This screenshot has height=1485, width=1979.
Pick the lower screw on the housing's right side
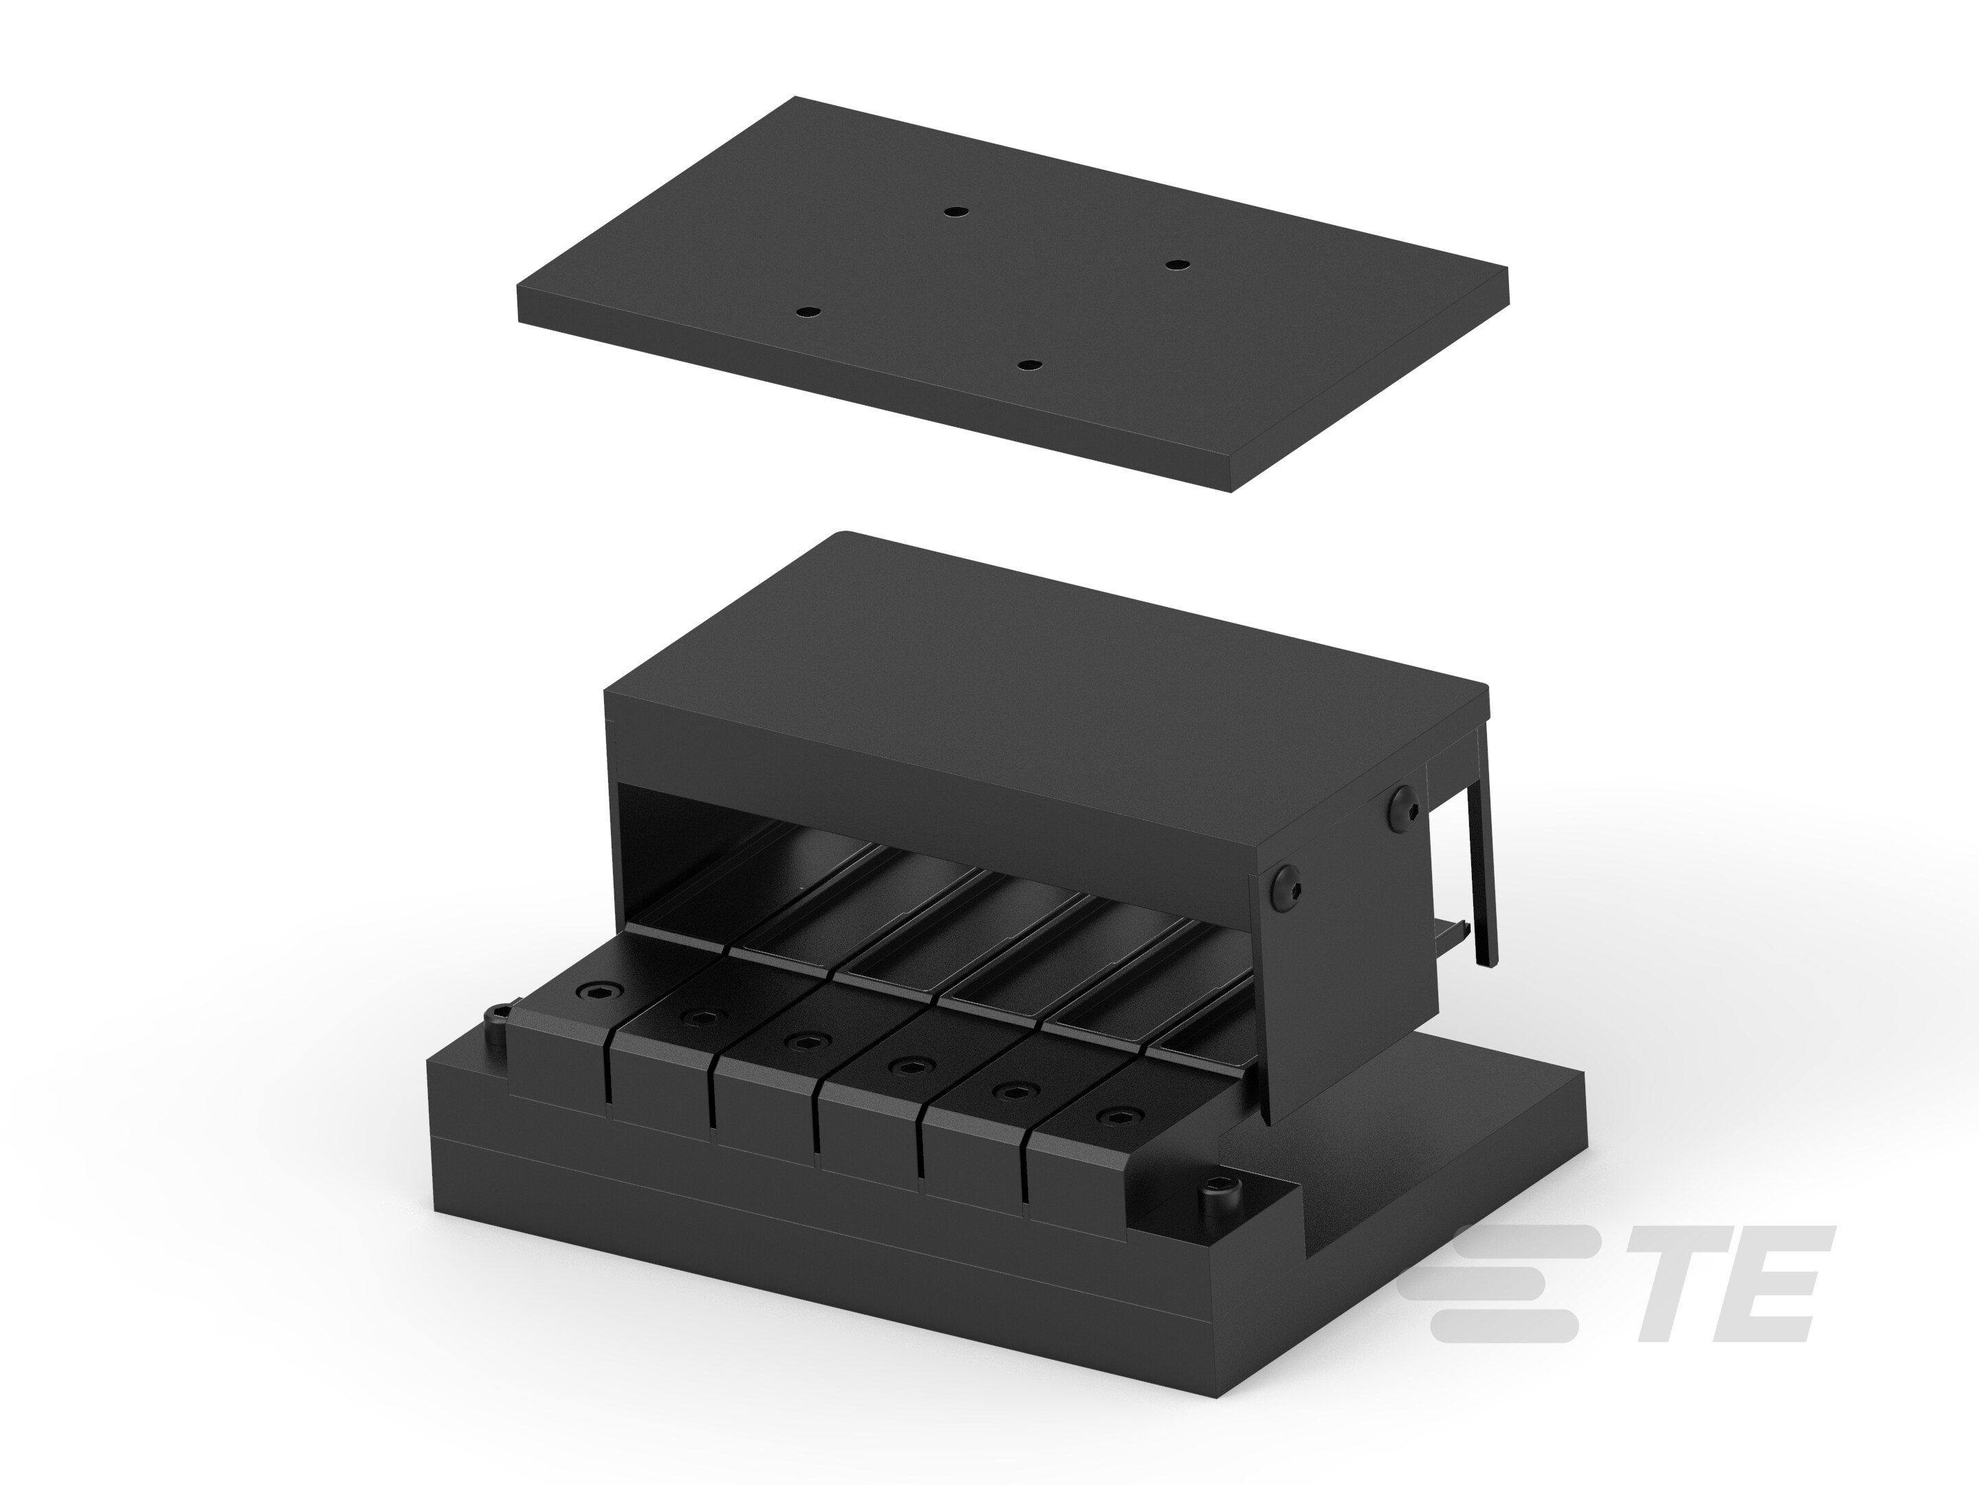1286,889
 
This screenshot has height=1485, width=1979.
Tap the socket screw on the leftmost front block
592,991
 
